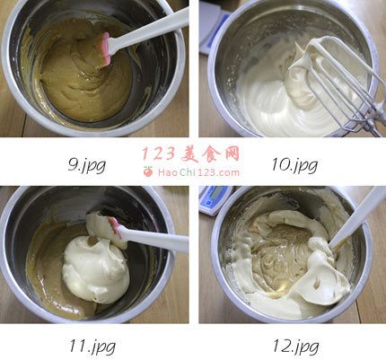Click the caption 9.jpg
coord(87,165)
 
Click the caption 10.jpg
coord(294,165)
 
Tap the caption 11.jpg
coord(92,347)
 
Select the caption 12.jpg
coord(295,347)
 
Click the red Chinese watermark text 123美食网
coord(190,154)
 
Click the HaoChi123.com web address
coord(198,172)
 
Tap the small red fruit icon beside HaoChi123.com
coord(148,171)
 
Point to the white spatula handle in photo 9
coord(149,31)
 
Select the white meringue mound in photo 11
coord(96,268)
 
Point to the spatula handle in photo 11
coord(153,238)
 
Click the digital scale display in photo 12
coord(216,192)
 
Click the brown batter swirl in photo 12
coord(280,258)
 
